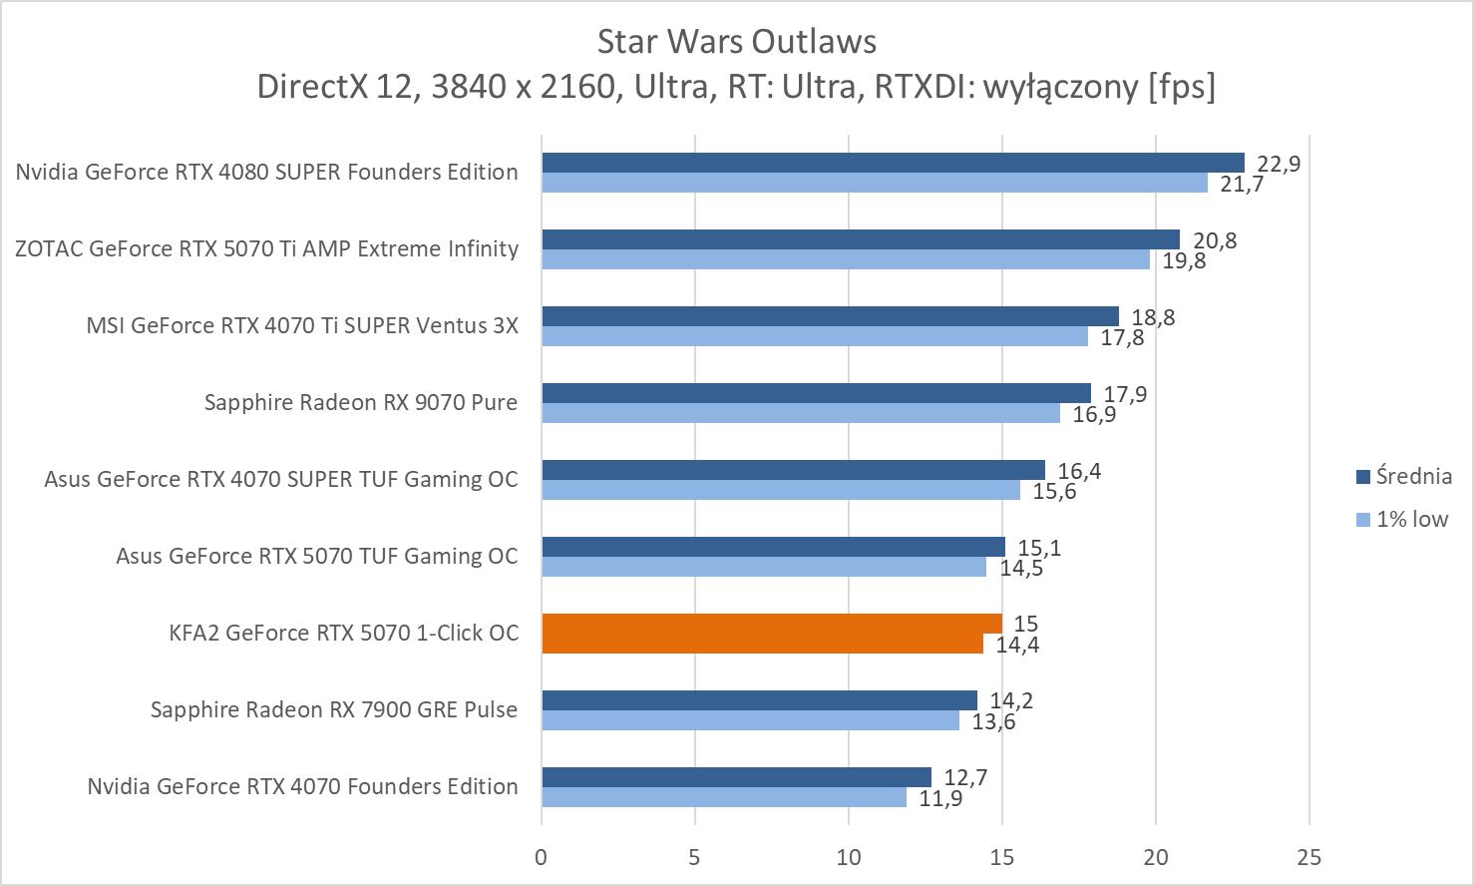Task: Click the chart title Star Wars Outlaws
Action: click(x=736, y=41)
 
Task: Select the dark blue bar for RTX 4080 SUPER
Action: click(x=893, y=163)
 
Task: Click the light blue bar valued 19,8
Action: click(x=846, y=259)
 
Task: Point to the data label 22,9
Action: click(x=1279, y=164)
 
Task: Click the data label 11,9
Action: click(x=940, y=798)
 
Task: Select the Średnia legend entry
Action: click(x=1403, y=476)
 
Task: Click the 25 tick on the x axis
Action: click(x=1308, y=856)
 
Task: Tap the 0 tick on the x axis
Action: click(x=541, y=856)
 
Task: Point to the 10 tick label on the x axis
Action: click(x=848, y=856)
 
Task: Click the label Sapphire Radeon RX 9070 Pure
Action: click(x=360, y=402)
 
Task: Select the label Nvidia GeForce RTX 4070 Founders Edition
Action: click(x=302, y=786)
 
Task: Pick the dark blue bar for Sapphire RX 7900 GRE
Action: click(x=759, y=700)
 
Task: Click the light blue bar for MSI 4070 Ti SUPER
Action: click(x=815, y=336)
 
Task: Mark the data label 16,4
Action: click(x=1079, y=471)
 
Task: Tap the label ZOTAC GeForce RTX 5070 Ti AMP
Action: click(x=266, y=248)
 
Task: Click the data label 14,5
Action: click(x=1021, y=568)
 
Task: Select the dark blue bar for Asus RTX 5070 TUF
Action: click(x=773, y=547)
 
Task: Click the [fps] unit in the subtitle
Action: click(x=1182, y=87)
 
